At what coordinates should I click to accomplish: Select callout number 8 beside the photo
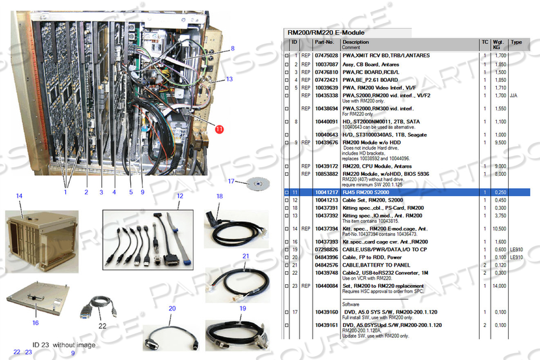[232, 48]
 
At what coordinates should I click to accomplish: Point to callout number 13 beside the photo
[229, 79]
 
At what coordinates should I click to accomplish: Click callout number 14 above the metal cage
[19, 196]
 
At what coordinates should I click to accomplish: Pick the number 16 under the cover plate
[35, 322]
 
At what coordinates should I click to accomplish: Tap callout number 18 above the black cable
[219, 196]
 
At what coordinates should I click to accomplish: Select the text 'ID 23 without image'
[64, 345]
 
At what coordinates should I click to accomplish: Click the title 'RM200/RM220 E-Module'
[326, 32]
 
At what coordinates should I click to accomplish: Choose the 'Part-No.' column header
[324, 42]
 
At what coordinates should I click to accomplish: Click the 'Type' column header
[516, 42]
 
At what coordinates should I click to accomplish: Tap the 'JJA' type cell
[514, 96]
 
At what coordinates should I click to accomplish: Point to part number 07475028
[326, 56]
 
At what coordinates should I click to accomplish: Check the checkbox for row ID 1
[286, 56]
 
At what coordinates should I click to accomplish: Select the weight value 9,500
[500, 143]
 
